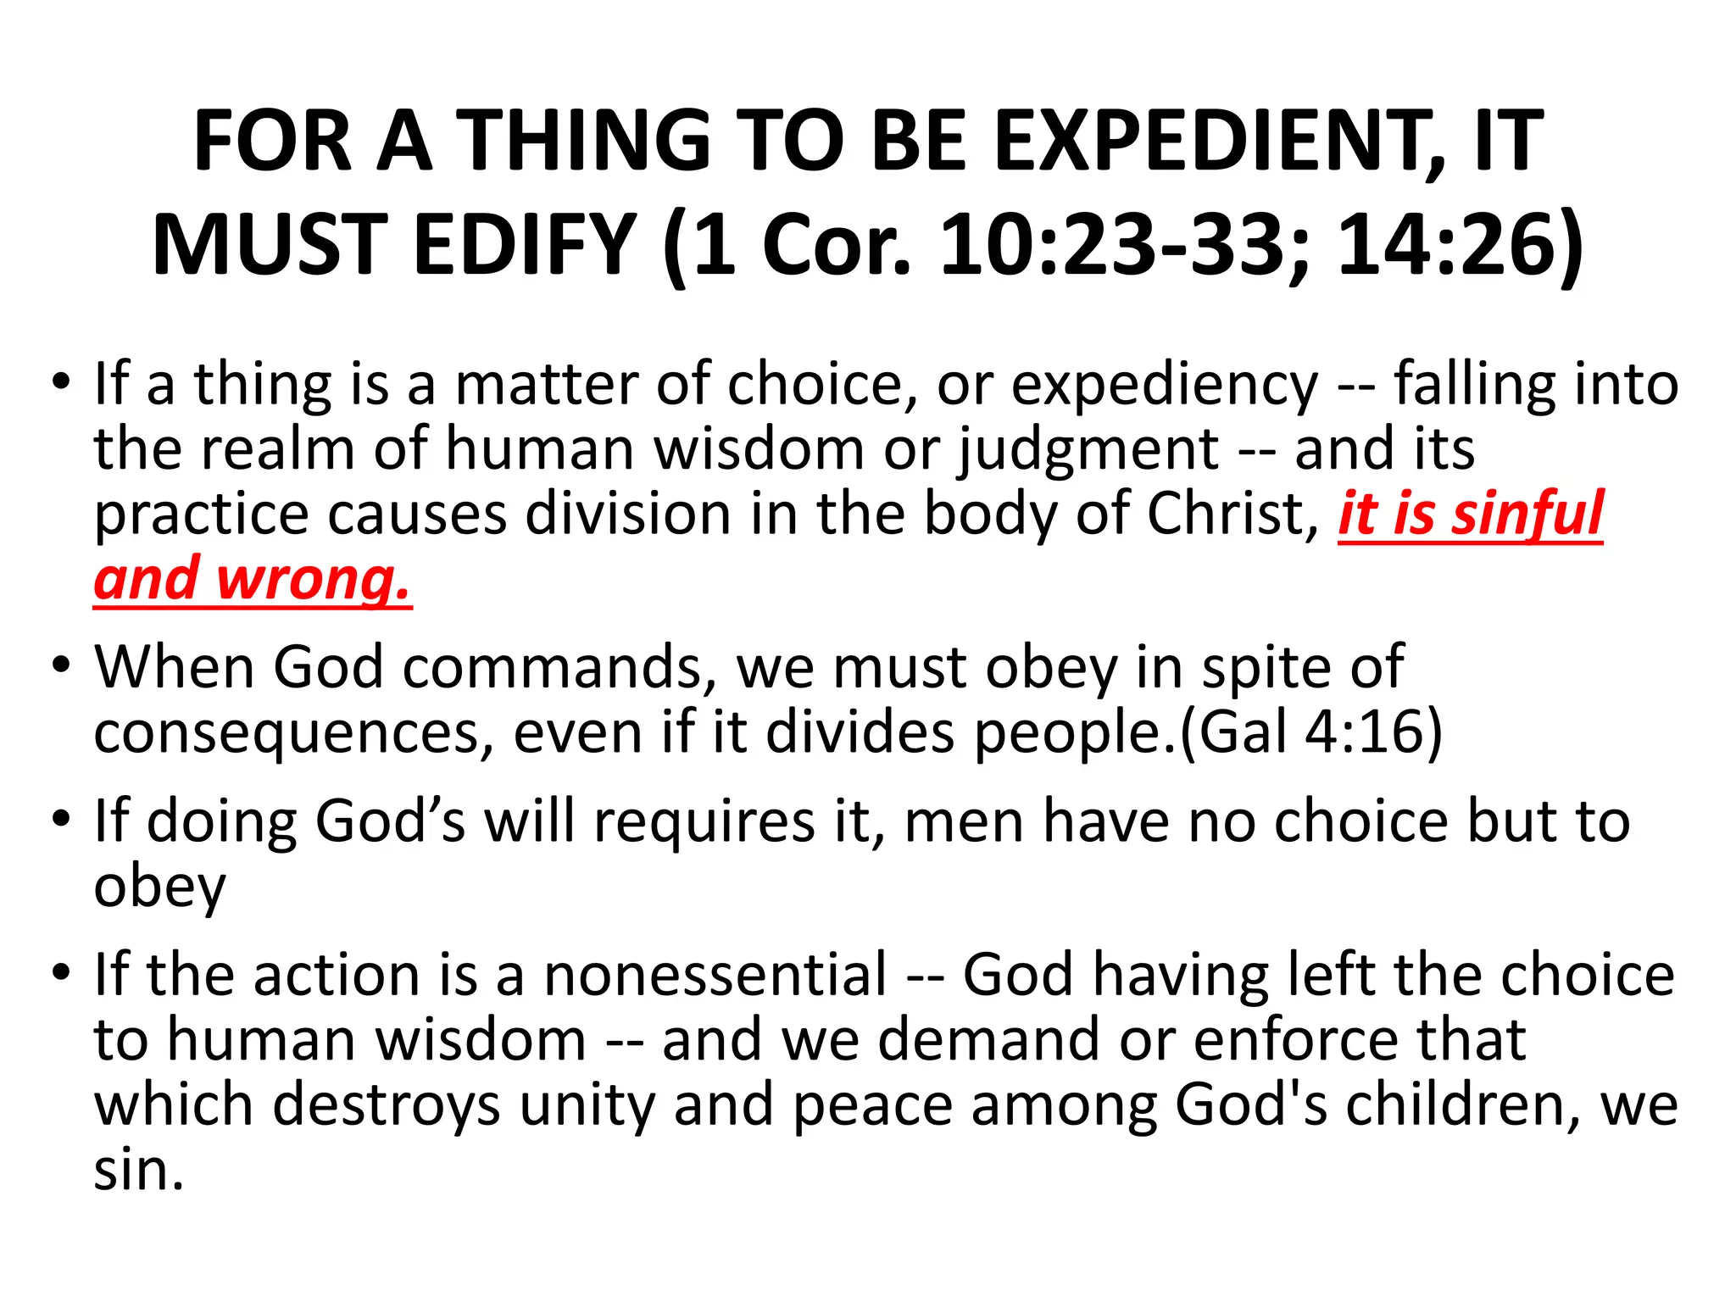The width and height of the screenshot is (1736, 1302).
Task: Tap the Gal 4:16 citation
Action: pos(1310,732)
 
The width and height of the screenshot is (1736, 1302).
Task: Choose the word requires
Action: pos(704,822)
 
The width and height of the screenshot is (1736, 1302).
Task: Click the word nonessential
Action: pos(715,976)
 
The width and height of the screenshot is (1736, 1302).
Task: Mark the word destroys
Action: pos(387,1106)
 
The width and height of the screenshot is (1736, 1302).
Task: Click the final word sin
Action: pos(138,1171)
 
